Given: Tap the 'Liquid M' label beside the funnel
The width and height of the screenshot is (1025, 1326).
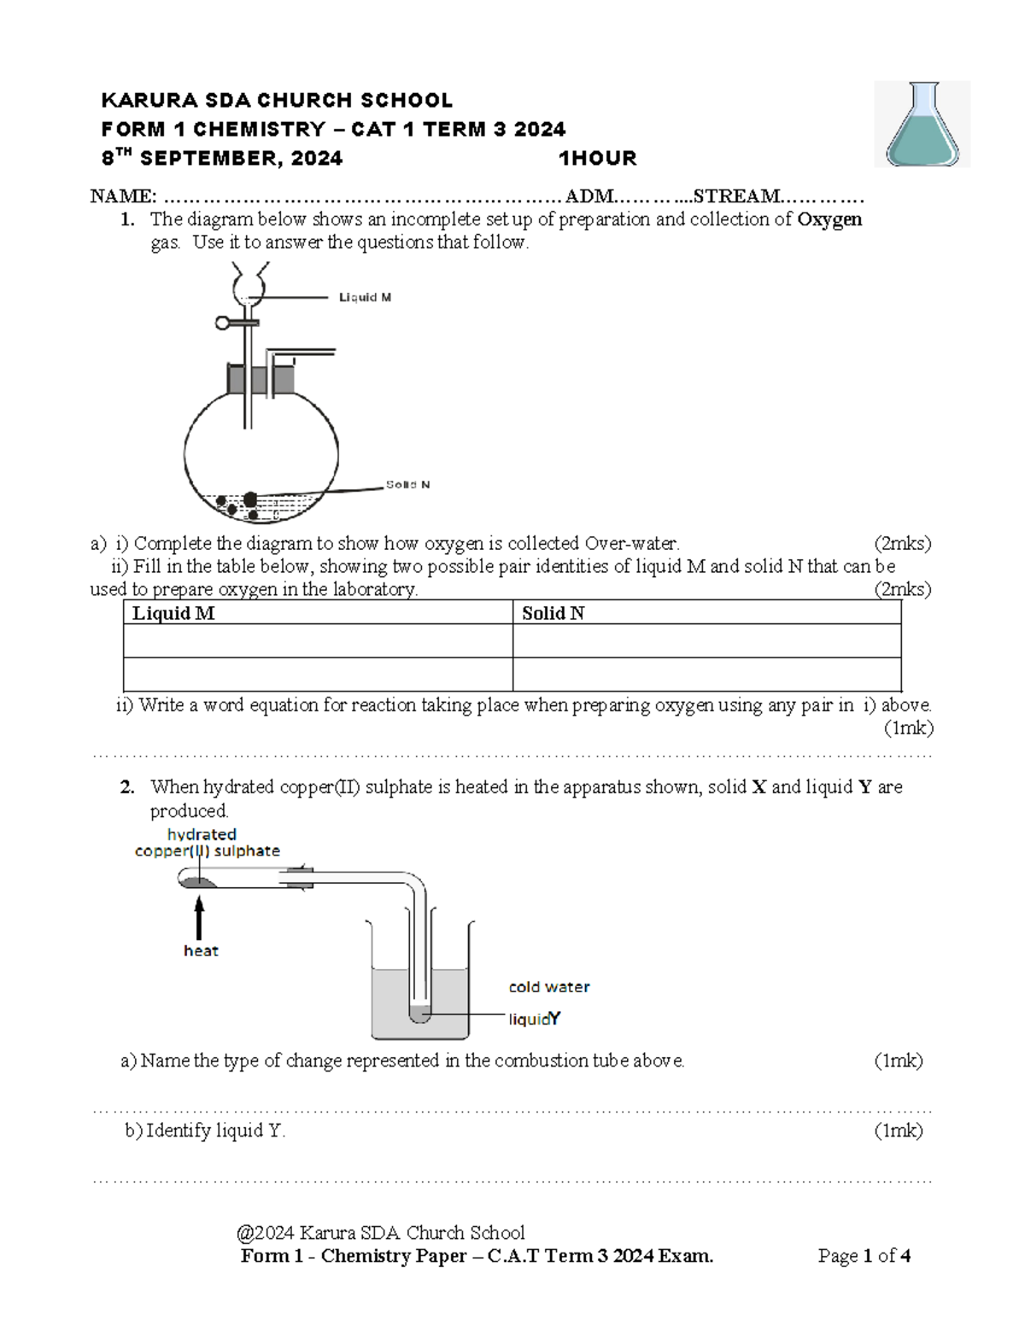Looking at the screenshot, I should pyautogui.click(x=365, y=297).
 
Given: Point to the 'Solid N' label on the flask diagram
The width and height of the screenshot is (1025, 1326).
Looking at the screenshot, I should pyautogui.click(x=407, y=484).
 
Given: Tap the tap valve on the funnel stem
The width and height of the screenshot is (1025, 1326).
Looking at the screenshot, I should pyautogui.click(x=225, y=323).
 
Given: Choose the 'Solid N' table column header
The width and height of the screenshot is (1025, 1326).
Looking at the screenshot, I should pyautogui.click(x=553, y=613).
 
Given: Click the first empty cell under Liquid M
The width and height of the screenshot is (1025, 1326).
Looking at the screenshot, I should pyautogui.click(x=318, y=641).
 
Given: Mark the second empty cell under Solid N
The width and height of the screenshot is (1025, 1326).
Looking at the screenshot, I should pyautogui.click(x=706, y=675).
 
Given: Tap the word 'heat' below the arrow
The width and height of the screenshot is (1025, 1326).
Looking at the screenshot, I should pyautogui.click(x=201, y=950).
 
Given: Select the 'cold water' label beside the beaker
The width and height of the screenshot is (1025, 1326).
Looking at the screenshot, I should pyautogui.click(x=549, y=987).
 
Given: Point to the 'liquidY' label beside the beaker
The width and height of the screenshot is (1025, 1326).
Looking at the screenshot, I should pyautogui.click(x=535, y=1019).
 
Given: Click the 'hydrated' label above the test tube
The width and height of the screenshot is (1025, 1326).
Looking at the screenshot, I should pyautogui.click(x=202, y=834).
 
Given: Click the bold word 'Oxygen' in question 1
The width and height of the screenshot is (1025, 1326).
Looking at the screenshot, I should pyautogui.click(x=829, y=219).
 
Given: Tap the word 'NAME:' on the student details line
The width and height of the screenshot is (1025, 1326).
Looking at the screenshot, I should pyautogui.click(x=123, y=196).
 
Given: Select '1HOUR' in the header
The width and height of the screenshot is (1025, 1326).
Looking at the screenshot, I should pyautogui.click(x=597, y=158).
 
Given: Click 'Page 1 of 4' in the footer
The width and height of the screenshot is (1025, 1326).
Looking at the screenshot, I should pyautogui.click(x=864, y=1255).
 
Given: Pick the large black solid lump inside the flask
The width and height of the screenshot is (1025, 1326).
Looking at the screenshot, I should pyautogui.click(x=249, y=499).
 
